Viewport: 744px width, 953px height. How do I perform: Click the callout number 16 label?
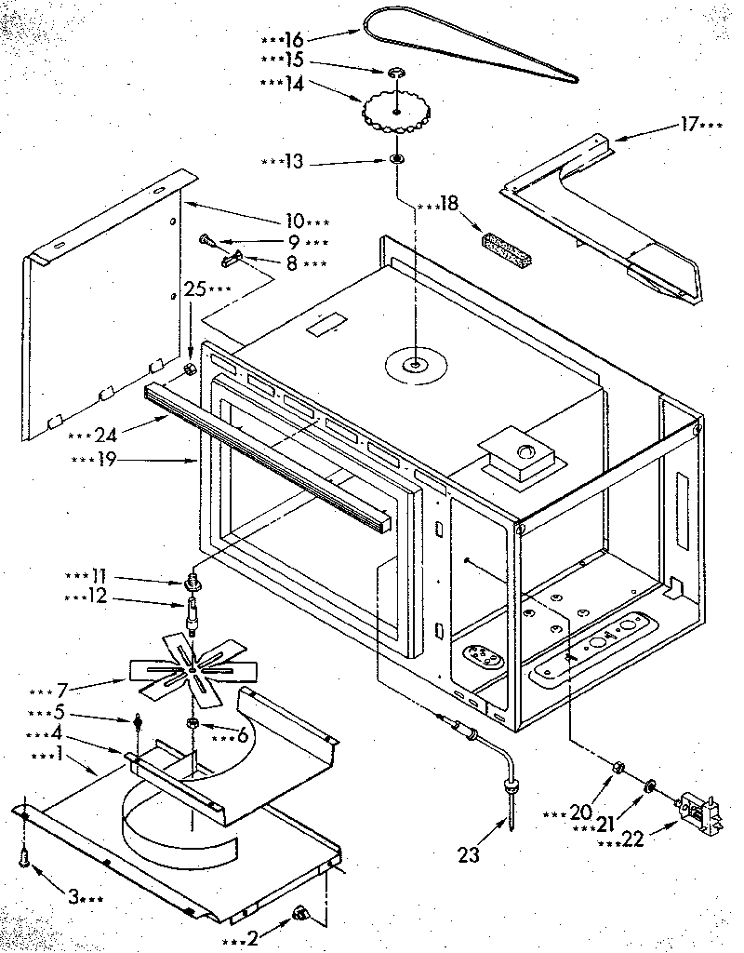[x=294, y=40]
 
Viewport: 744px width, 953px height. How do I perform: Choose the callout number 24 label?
[x=106, y=432]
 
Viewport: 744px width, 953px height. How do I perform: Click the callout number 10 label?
[x=295, y=221]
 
